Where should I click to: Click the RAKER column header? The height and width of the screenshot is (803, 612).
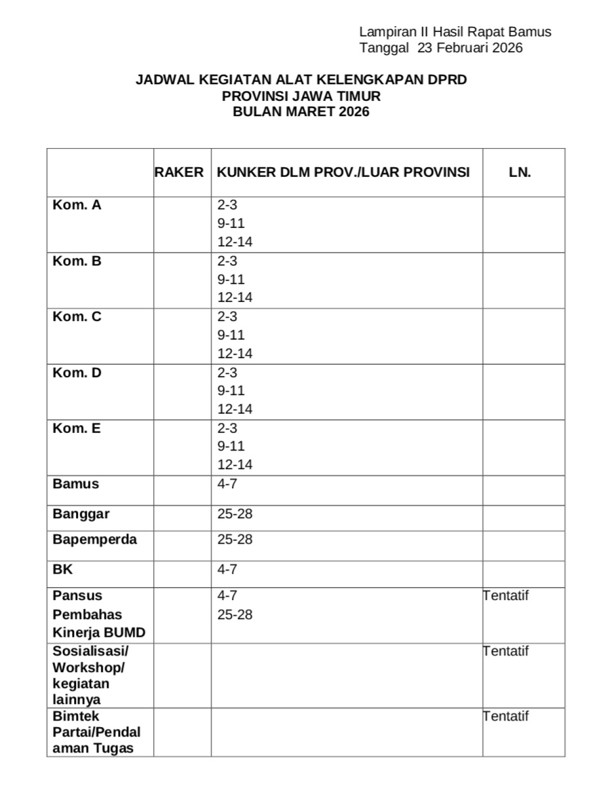(x=179, y=172)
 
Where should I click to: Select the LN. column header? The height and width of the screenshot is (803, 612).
(x=520, y=172)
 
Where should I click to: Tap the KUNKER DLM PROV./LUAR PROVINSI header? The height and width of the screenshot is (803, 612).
(x=343, y=172)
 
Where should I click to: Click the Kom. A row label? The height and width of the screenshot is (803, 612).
(x=76, y=205)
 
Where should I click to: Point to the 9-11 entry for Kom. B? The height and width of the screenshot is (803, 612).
(x=230, y=279)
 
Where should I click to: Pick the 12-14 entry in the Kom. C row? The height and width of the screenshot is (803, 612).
(x=234, y=353)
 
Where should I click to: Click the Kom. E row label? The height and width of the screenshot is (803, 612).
(x=76, y=428)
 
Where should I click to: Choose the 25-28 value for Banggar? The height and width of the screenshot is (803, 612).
(x=234, y=514)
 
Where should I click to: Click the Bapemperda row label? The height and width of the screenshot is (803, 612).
(x=94, y=539)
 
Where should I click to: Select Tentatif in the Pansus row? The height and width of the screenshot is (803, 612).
(x=506, y=596)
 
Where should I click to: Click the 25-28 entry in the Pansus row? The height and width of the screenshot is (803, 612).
(x=234, y=614)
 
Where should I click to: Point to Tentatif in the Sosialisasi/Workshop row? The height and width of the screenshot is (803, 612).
(x=506, y=651)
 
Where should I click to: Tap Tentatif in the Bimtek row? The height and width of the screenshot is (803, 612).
(x=506, y=716)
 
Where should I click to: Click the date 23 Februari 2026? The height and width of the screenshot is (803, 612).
(x=470, y=48)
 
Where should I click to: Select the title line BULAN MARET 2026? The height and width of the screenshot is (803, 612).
(x=301, y=112)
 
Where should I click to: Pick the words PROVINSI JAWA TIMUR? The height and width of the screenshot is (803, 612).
(x=301, y=96)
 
